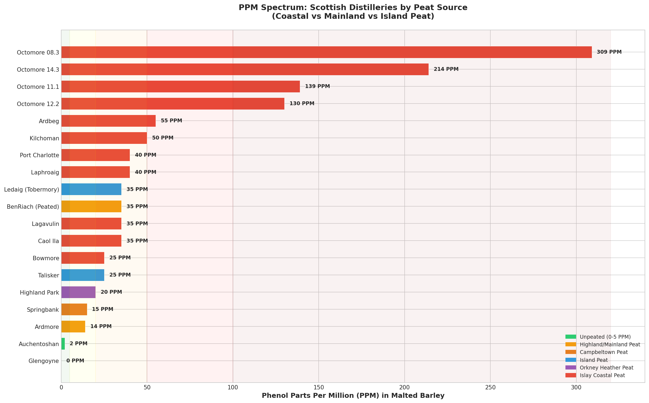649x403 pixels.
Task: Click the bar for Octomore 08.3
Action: click(326, 52)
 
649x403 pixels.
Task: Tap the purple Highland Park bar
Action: click(78, 292)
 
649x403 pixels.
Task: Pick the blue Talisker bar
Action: click(83, 275)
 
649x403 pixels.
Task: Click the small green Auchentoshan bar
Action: click(63, 344)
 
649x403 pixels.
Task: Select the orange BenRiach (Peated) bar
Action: click(91, 206)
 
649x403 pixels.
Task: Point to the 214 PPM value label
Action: click(446, 69)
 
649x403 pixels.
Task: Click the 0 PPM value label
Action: click(75, 361)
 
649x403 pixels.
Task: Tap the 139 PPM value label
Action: click(317, 86)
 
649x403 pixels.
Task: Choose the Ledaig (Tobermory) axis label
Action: click(32, 189)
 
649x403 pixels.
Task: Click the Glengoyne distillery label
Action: click(44, 361)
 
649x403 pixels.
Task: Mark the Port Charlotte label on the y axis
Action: click(39, 155)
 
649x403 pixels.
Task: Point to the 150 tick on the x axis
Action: click(319, 387)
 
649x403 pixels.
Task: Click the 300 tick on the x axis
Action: click(576, 387)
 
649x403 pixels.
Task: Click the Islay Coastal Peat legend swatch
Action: click(571, 375)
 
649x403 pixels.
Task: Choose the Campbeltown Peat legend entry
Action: click(604, 352)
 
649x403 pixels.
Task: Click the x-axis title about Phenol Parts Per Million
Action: click(353, 396)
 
